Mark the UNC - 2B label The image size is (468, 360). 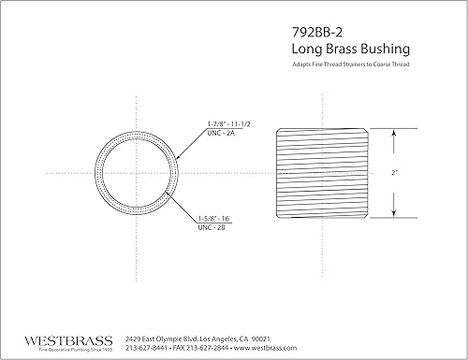tap(212, 226)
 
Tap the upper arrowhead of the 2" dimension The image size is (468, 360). tap(394, 133)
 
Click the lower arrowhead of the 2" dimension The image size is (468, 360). tap(394, 214)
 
